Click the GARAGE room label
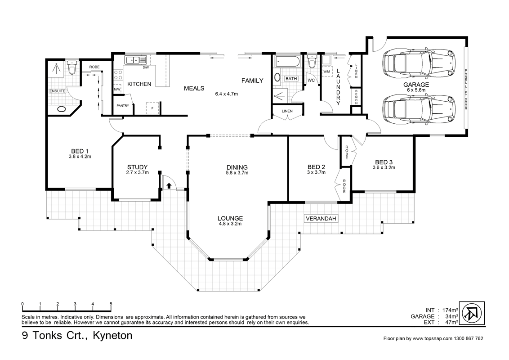click(415, 84)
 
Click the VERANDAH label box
click(321, 219)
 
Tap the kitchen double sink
click(136, 60)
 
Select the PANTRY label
click(123, 106)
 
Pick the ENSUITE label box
click(58, 91)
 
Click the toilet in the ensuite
click(71, 68)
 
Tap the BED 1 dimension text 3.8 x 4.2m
click(80, 157)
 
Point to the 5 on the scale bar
click(111, 304)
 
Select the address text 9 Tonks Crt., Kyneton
click(77, 336)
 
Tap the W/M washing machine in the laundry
click(326, 72)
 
